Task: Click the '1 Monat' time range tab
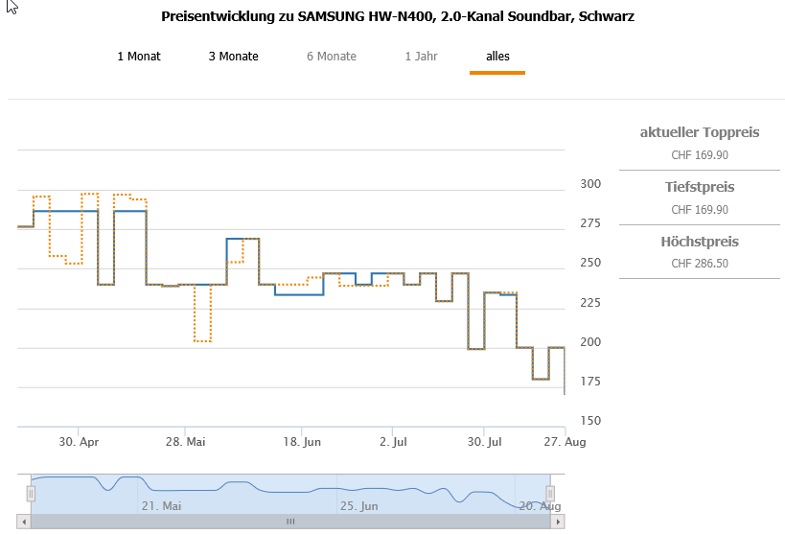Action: [x=139, y=57]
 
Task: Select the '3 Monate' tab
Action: [x=233, y=57]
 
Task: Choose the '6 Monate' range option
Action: [x=332, y=57]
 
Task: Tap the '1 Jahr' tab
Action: [x=421, y=57]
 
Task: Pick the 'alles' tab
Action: [x=497, y=57]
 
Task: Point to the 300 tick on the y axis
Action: [x=590, y=184]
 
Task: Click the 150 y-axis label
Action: [x=590, y=422]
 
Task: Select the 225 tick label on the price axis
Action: [x=590, y=303]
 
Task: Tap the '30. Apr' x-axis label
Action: [x=80, y=442]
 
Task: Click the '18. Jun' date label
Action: [x=303, y=442]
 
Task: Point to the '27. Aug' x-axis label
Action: [x=565, y=442]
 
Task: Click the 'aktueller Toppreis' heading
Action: [x=700, y=132]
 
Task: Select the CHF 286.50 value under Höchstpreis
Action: [x=700, y=264]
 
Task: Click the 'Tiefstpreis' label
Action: [x=700, y=187]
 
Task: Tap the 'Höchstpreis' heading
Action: [x=700, y=242]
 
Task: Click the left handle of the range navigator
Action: [x=31, y=494]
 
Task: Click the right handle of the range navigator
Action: [x=551, y=494]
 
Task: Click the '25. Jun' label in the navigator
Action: [x=358, y=505]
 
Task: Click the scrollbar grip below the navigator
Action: [x=290, y=522]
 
